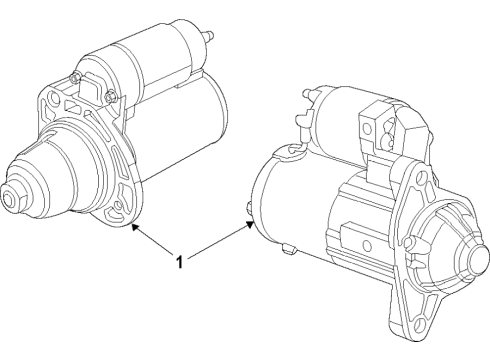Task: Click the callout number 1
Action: pyautogui.click(x=179, y=263)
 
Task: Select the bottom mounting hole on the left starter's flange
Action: pyautogui.click(x=121, y=209)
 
